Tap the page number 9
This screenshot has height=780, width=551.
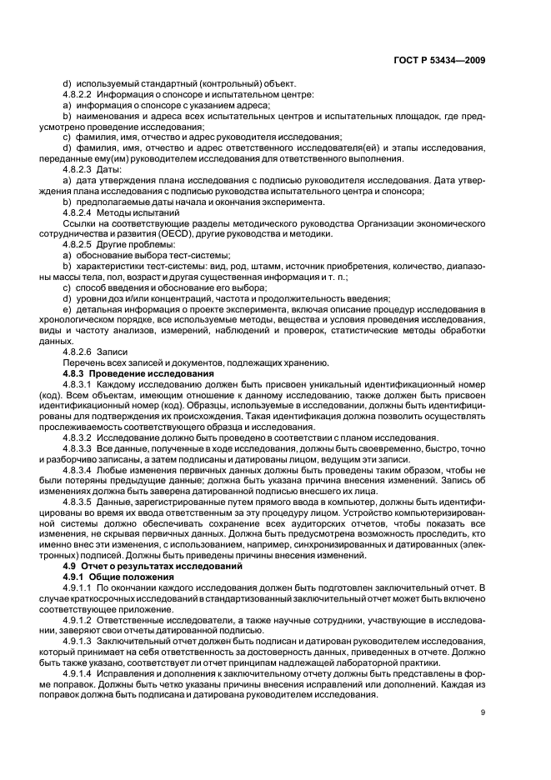pos(483,712)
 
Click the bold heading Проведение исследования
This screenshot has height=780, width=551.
pos(144,374)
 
